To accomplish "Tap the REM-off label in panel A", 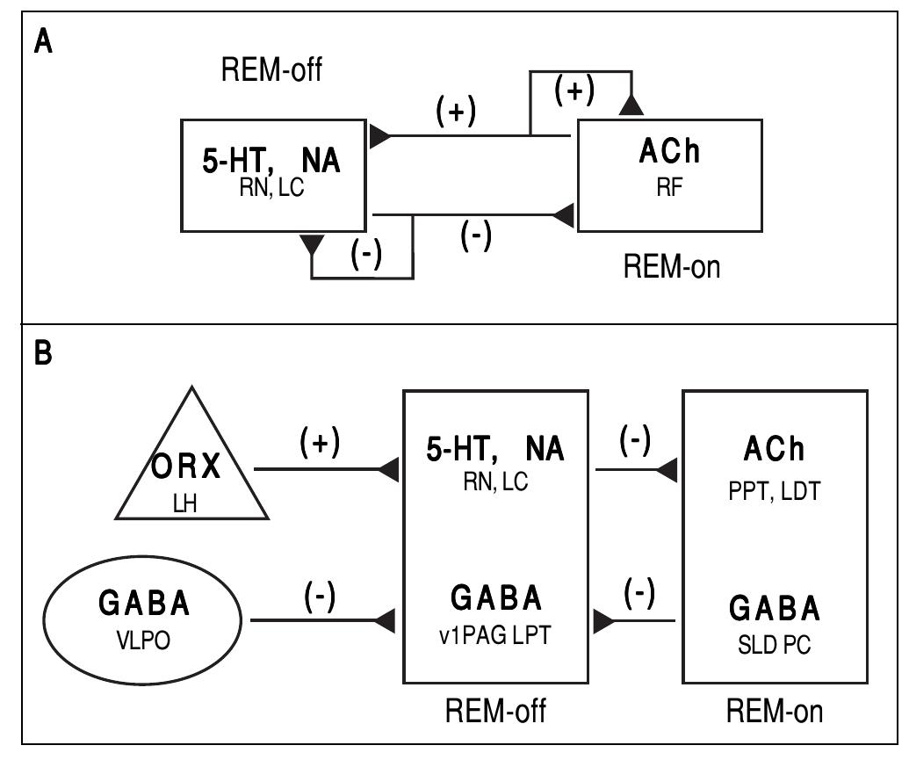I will [x=272, y=70].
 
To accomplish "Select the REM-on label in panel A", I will [x=671, y=266].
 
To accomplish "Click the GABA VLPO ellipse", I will [x=145, y=620].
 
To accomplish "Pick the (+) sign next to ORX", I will [x=320, y=443].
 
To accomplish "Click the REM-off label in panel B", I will [x=496, y=709].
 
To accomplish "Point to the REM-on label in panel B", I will [x=776, y=709].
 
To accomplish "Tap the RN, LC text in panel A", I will [x=271, y=188].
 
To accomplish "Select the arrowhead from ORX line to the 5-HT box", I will [x=389, y=470].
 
